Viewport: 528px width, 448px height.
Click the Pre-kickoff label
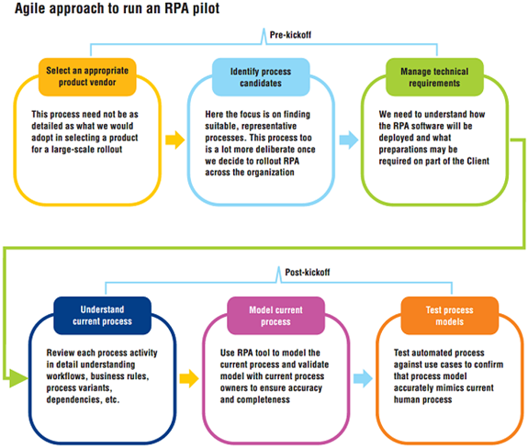(x=290, y=35)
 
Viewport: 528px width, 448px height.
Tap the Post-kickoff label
(x=308, y=272)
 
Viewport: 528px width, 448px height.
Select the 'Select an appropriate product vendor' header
(x=87, y=77)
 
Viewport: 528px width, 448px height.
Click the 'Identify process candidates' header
(x=261, y=77)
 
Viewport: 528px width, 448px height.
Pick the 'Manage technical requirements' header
(x=434, y=77)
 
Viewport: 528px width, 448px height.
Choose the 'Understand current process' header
(x=102, y=316)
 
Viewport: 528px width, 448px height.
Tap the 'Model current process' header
(x=275, y=316)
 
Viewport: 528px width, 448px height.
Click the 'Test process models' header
(x=450, y=316)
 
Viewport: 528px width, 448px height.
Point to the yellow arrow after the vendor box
(x=175, y=140)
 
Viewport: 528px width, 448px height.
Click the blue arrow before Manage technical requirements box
(x=349, y=140)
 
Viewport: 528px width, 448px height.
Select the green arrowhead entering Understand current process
(x=18, y=378)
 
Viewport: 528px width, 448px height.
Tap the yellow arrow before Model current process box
(x=189, y=378)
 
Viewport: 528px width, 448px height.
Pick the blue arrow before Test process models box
(x=363, y=378)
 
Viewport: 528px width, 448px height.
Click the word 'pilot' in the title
(x=206, y=8)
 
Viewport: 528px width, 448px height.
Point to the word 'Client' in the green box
(x=477, y=161)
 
